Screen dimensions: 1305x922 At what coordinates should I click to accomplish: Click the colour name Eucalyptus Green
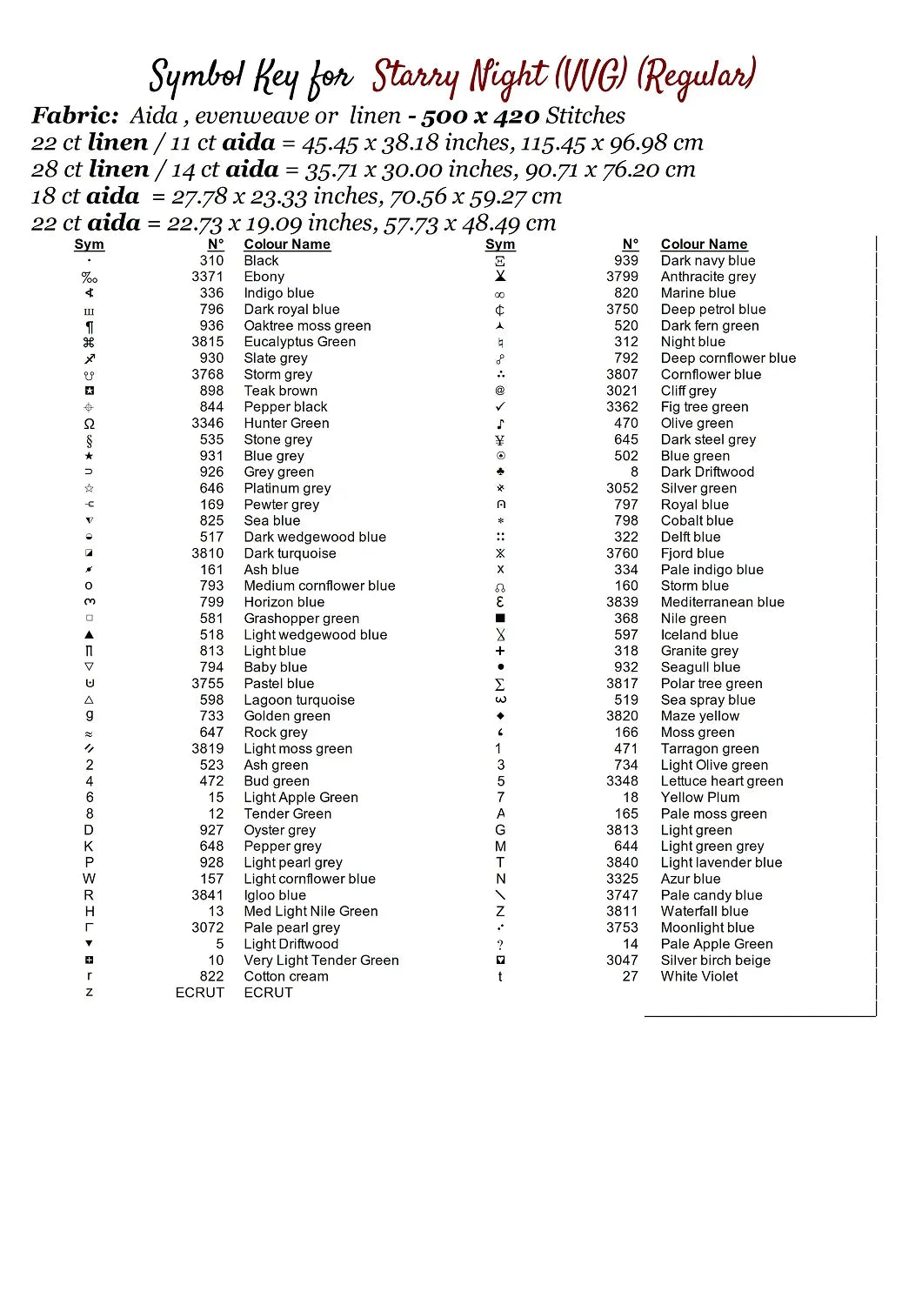point(299,342)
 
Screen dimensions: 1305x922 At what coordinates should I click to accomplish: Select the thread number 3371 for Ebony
point(207,277)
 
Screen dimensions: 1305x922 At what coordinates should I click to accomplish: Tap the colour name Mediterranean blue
point(722,602)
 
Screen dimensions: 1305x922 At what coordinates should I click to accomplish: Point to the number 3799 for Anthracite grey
point(622,277)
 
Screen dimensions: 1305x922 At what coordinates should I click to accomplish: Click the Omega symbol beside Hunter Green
point(89,424)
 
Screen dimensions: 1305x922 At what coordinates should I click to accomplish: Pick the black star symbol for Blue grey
point(89,456)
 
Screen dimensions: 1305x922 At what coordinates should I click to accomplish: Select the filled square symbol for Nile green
point(500,619)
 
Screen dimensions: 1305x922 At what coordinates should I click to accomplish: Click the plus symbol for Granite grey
point(500,651)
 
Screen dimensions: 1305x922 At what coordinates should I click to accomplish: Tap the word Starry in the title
point(416,78)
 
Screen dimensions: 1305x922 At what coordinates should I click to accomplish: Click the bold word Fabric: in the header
point(75,116)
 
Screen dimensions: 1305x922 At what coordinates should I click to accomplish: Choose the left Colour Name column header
point(287,244)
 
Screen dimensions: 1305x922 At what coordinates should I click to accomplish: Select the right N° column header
point(630,244)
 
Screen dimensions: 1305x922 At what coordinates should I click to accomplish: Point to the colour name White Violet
point(698,976)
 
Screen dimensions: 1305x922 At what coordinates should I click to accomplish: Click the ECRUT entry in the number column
point(199,993)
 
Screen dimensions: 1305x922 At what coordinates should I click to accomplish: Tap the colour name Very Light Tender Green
point(321,960)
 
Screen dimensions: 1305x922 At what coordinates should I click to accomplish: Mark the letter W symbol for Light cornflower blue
point(89,879)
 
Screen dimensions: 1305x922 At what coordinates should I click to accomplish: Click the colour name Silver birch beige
point(715,960)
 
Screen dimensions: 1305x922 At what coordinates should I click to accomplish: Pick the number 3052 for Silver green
point(622,488)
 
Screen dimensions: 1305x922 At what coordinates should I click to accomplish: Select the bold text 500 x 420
point(479,116)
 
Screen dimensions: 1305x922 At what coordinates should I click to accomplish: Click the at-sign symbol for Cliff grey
point(500,391)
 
